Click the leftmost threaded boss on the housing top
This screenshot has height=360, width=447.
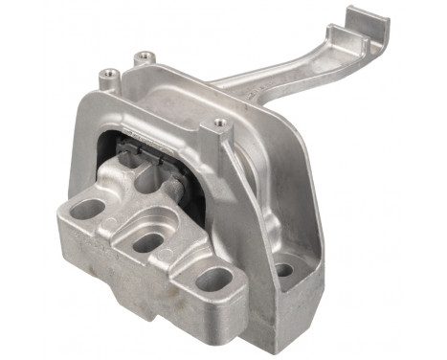click(x=111, y=72)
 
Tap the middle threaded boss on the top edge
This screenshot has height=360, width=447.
click(x=145, y=57)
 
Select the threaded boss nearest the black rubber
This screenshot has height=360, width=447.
click(x=220, y=123)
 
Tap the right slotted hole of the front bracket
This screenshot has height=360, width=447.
click(x=214, y=279)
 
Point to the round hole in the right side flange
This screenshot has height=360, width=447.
click(x=282, y=270)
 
